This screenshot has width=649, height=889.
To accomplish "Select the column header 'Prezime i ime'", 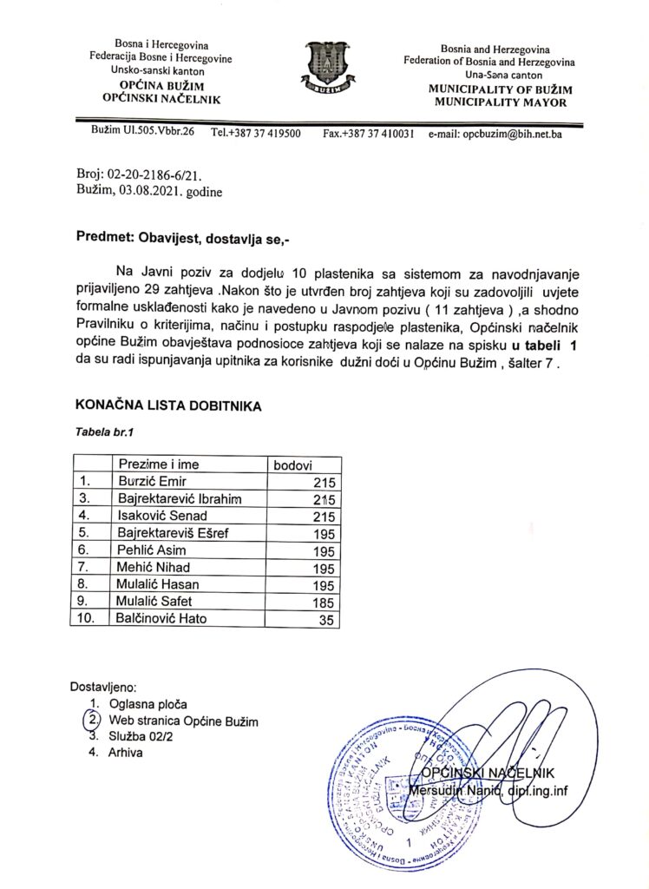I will click(x=160, y=465).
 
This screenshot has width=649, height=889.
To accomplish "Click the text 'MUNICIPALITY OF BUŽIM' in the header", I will click(x=497, y=89).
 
